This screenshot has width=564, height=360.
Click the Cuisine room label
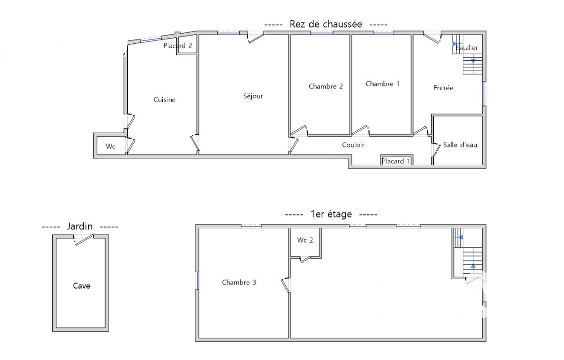point(165,100)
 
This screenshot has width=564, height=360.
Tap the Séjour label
point(253,96)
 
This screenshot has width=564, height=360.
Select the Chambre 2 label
point(326,86)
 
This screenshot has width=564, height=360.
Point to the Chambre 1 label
point(382,84)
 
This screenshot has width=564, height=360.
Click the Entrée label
point(443,88)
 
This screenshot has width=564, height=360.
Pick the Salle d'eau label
point(460,145)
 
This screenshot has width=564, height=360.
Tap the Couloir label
point(353,144)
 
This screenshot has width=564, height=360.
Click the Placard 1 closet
point(396,161)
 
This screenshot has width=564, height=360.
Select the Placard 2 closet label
point(178,46)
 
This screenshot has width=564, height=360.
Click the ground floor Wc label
point(111,146)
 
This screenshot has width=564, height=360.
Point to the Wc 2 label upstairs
point(305,240)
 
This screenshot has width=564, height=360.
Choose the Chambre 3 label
point(239,282)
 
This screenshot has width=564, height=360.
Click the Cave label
point(81,286)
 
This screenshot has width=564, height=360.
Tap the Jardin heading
point(80,226)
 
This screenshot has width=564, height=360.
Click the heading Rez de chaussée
point(326,24)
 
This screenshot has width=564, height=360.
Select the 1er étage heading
point(331,214)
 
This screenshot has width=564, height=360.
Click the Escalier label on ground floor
point(467,47)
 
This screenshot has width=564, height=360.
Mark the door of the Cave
point(84,240)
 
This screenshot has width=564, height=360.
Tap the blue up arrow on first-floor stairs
point(473,266)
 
